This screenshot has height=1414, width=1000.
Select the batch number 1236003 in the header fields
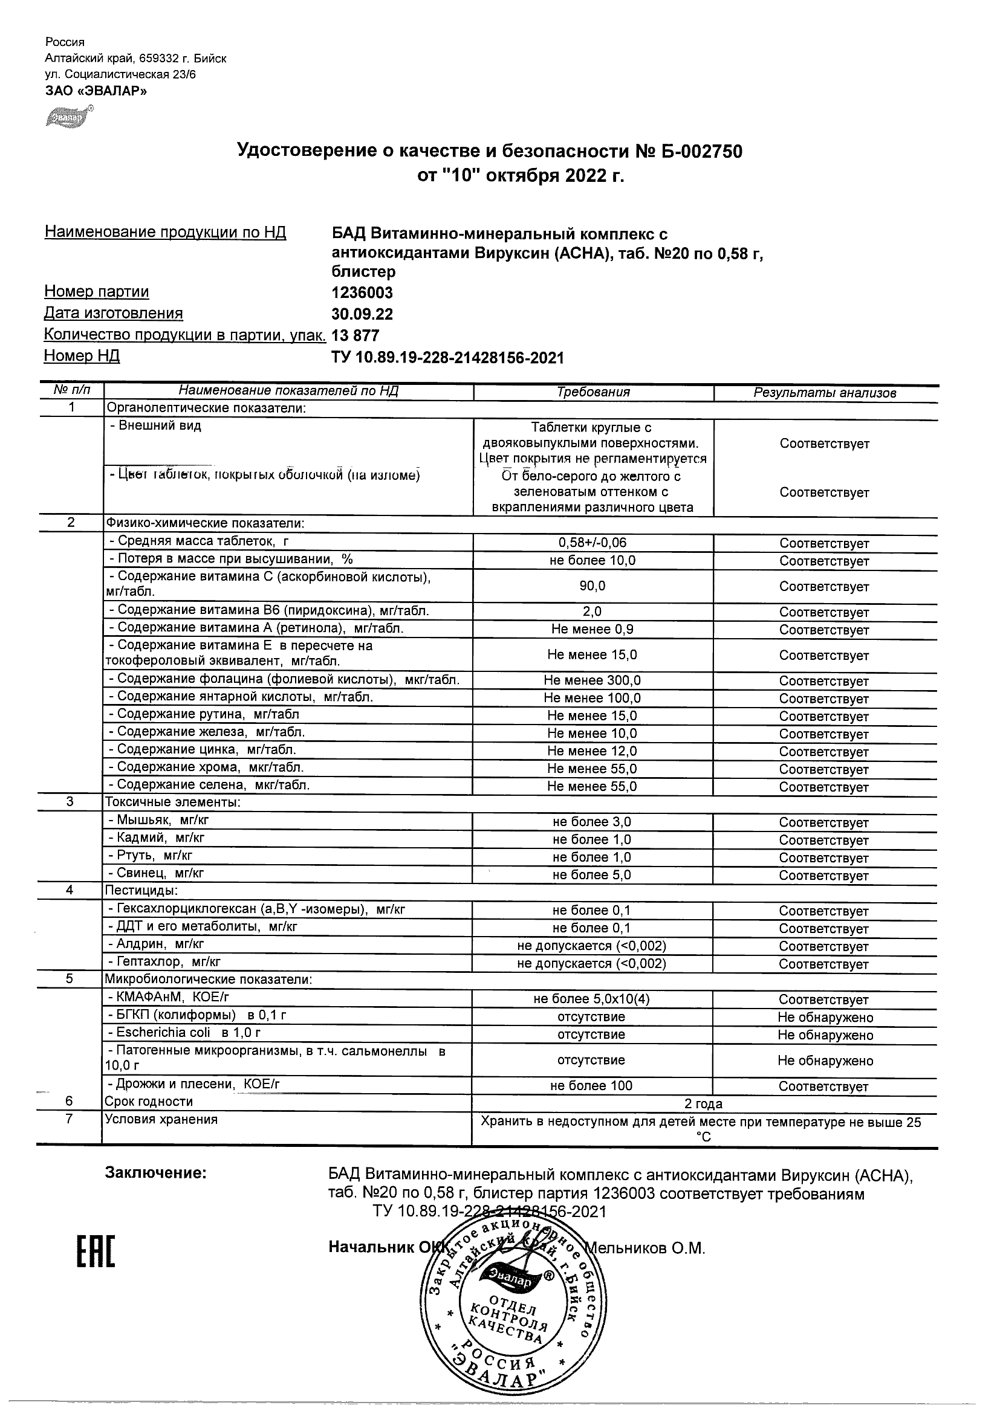point(362,292)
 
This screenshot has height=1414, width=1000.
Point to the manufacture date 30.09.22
point(362,314)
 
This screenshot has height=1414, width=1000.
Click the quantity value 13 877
point(356,335)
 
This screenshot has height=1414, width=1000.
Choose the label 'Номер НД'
point(82,356)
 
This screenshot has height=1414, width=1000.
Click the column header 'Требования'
point(593,392)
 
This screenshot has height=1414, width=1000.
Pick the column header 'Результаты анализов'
point(825,393)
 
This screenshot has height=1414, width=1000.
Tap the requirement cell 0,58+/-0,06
point(592,543)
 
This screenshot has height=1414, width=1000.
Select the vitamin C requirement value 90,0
point(592,586)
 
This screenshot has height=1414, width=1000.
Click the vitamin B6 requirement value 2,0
point(592,612)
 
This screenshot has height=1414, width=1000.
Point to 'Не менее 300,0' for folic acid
point(592,680)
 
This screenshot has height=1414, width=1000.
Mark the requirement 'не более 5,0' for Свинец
point(591,874)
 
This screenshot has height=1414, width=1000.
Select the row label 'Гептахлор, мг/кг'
point(163,961)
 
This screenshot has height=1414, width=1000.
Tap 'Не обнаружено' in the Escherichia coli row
point(825,1035)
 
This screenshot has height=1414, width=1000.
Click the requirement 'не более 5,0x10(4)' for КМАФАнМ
point(591,999)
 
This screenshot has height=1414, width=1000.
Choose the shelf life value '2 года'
point(703,1104)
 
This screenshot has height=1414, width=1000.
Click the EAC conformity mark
point(96,1250)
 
